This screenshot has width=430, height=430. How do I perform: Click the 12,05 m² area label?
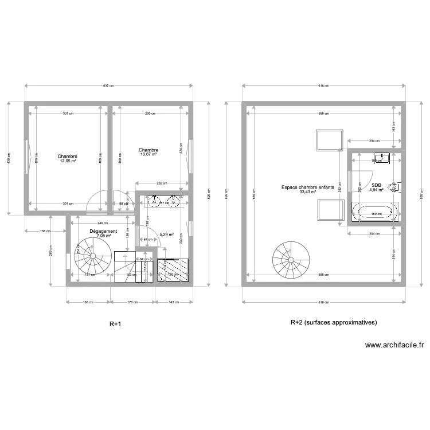point(68,161)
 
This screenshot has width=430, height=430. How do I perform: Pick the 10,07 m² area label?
point(149,154)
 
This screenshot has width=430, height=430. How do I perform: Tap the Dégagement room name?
point(104,231)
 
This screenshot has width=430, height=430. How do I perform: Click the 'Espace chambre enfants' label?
point(308,187)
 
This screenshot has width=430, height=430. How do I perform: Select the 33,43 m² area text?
point(308,193)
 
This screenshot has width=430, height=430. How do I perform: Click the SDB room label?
point(376,185)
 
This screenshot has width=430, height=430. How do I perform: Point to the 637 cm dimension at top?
point(108,86)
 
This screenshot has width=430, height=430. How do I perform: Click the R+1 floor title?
point(115,324)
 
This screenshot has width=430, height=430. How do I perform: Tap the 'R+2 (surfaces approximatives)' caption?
point(334,323)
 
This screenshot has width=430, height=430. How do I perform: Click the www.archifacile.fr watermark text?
point(394,345)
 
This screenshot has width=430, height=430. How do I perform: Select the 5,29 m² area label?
point(166,234)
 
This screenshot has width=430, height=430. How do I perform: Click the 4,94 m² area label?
point(376,190)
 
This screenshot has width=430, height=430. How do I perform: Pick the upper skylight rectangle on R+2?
point(329,140)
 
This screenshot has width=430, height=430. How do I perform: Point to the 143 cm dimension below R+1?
point(171,302)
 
